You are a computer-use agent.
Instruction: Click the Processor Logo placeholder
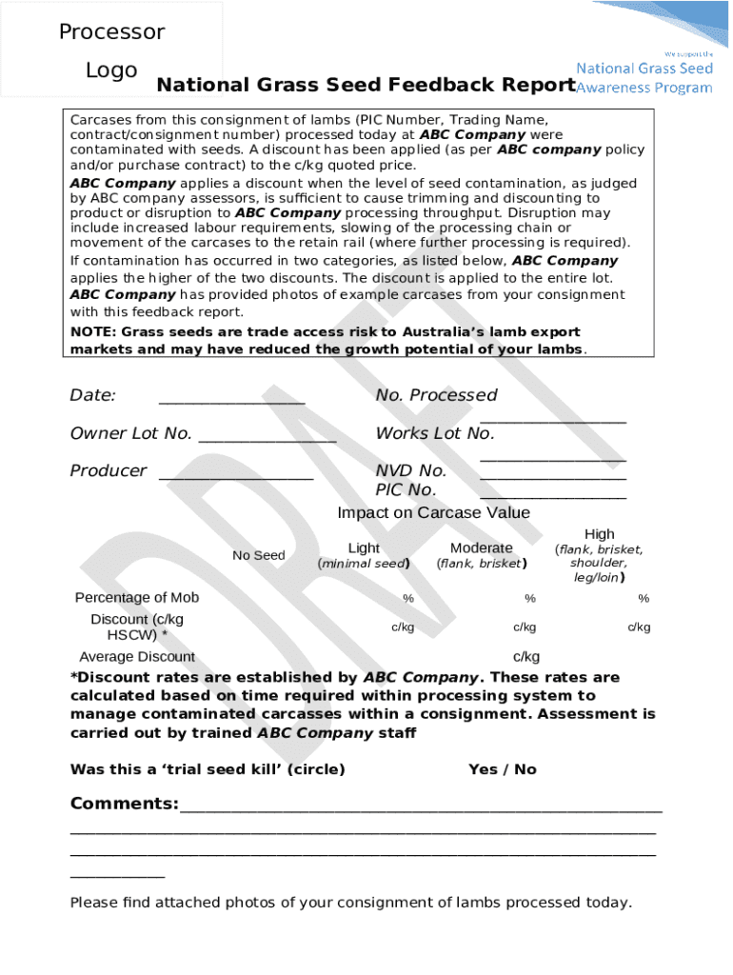[x=111, y=50]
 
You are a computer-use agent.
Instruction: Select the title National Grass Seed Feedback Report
[x=366, y=86]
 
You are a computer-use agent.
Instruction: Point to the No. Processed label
[x=436, y=395]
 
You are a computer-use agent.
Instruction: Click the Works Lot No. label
[x=435, y=433]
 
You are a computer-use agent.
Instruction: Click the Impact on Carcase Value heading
[x=433, y=513]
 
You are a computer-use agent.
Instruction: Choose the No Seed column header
[x=258, y=555]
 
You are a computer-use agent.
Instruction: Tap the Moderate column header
[x=481, y=548]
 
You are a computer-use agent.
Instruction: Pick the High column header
[x=599, y=534]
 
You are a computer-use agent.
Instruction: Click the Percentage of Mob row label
[x=137, y=598]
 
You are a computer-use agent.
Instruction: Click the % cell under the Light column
[x=407, y=599]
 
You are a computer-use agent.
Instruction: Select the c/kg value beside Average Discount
[x=525, y=657]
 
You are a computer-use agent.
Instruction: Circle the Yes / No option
[x=502, y=769]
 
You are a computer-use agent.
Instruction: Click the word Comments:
[x=124, y=805]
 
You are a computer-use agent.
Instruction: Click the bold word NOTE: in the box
[x=93, y=332]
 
